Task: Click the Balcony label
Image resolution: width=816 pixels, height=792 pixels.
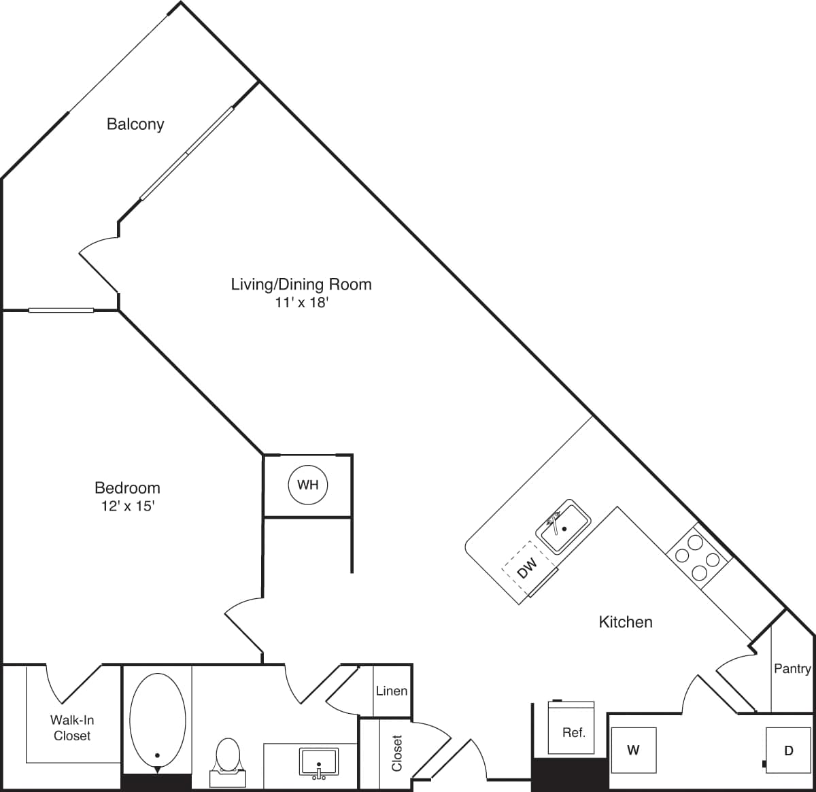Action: click(135, 124)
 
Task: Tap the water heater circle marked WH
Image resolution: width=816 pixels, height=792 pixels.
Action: click(308, 485)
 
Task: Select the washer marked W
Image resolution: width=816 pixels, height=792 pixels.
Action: click(633, 750)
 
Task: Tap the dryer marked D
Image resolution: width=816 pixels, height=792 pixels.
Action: click(788, 751)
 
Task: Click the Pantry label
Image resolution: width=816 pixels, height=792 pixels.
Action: click(792, 669)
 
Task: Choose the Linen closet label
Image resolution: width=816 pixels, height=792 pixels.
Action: click(392, 691)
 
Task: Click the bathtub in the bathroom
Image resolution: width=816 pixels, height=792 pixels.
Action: click(157, 721)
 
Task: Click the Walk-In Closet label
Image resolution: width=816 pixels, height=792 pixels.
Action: click(71, 727)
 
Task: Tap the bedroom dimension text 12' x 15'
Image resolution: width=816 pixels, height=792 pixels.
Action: click(127, 506)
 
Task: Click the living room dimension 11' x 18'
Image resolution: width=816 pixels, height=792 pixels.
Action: click(301, 303)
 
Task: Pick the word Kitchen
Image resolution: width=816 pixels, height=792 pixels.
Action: click(626, 621)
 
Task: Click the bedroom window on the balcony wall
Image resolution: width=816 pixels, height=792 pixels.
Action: click(61, 311)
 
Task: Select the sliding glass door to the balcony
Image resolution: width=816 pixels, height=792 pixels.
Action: click(187, 154)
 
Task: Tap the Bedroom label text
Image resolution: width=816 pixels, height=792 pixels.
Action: click(127, 487)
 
